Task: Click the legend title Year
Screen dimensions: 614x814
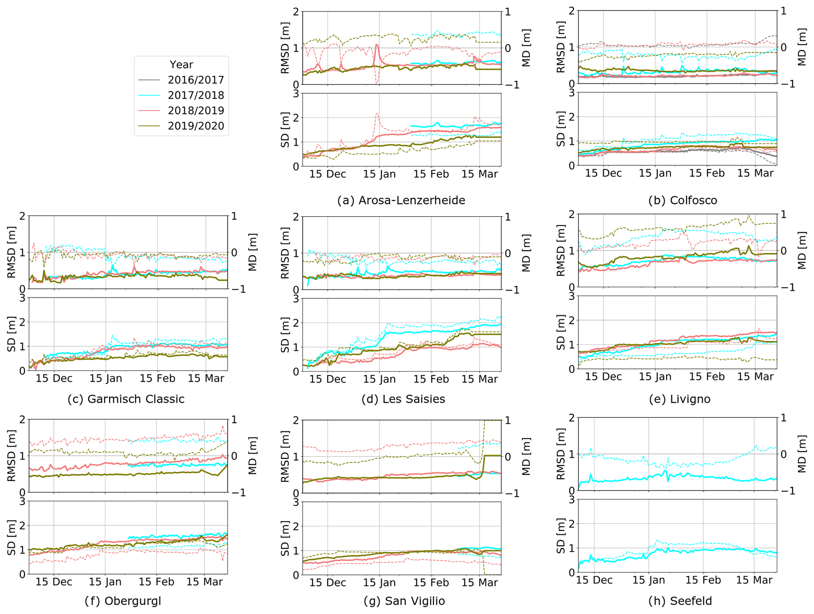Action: (181, 65)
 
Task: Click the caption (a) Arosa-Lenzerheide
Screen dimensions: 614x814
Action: (401, 200)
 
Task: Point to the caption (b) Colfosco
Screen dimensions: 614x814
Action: (682, 200)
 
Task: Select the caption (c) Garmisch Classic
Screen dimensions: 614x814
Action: (126, 399)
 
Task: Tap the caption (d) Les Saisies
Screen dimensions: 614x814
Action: (403, 399)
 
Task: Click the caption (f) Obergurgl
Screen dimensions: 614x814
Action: (122, 601)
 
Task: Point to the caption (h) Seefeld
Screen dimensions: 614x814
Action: (680, 601)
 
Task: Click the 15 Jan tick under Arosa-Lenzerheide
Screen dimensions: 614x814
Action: (379, 174)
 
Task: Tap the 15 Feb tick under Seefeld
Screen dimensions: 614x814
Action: (703, 580)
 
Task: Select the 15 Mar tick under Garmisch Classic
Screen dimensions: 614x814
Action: (206, 378)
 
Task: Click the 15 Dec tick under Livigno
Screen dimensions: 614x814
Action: (603, 376)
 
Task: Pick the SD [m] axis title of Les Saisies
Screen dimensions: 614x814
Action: (285, 335)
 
